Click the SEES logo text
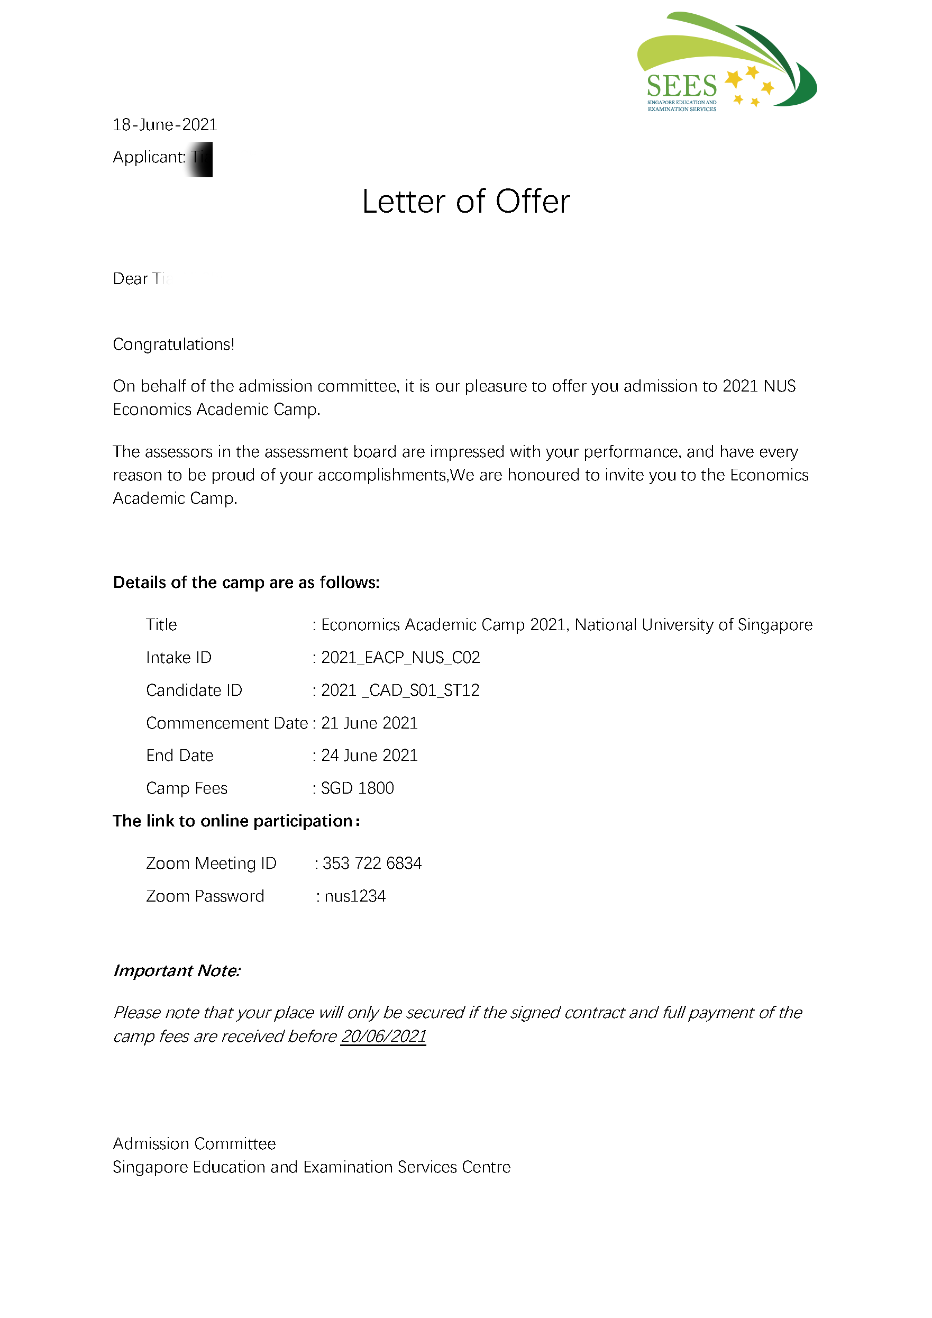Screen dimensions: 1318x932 pos(682,86)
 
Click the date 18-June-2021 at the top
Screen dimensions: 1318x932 pos(165,124)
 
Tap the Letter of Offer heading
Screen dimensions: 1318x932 pos(466,202)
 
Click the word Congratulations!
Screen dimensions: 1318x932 pos(173,344)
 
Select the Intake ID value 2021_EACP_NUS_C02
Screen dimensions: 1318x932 pos(400,657)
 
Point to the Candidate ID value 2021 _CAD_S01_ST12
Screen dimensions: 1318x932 pos(400,690)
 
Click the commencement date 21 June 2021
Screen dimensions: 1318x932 pos(369,723)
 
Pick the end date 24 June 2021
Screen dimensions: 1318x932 pos(369,756)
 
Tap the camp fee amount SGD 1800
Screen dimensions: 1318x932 pos(357,788)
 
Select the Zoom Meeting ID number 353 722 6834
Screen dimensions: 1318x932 pos(372,863)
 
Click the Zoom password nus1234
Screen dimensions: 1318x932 pos(355,896)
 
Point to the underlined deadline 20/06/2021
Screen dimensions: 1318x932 pos(383,1036)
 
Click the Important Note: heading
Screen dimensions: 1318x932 pos(177,971)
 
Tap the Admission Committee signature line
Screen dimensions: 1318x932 pos(194,1143)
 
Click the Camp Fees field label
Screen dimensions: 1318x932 pos(187,788)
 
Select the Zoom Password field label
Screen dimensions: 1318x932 pos(205,896)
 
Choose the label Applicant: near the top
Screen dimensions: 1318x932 pos(149,157)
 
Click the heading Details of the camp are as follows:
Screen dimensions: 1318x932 pos(246,583)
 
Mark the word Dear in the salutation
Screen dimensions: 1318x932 pos(130,279)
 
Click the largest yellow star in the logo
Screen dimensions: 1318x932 pos(734,80)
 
